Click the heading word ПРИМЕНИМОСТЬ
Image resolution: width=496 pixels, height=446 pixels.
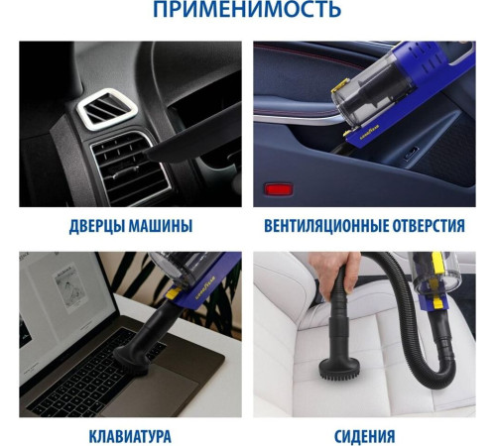(x=247, y=9)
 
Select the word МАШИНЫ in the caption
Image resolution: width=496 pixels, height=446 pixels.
(x=161, y=226)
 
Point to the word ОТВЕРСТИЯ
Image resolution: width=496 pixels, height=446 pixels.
(x=429, y=226)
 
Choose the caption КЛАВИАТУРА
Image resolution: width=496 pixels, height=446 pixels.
(x=130, y=436)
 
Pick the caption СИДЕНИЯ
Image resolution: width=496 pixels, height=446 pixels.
(x=364, y=436)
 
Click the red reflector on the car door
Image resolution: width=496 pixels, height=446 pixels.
(x=279, y=189)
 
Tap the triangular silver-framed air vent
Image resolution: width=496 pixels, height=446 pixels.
(x=107, y=108)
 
